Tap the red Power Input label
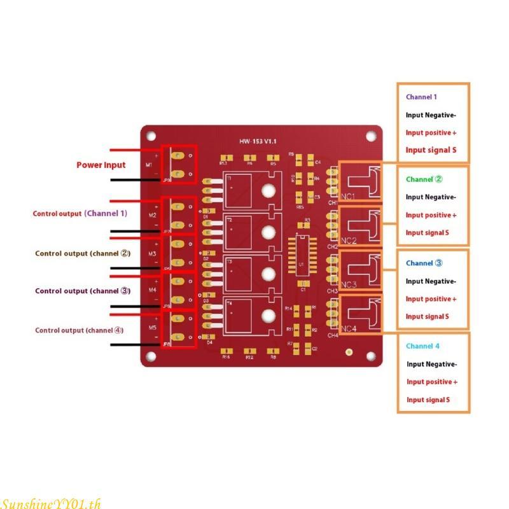point(101,165)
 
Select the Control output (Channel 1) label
point(80,214)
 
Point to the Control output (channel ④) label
point(80,330)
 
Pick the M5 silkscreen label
point(153,328)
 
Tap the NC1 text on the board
point(348,196)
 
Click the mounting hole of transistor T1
point(268,190)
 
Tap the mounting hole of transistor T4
point(268,315)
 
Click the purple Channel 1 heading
point(421,97)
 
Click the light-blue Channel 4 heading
point(422,346)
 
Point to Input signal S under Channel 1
point(431,151)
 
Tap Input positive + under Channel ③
point(431,299)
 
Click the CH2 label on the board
point(333,246)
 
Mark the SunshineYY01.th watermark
point(51,503)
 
